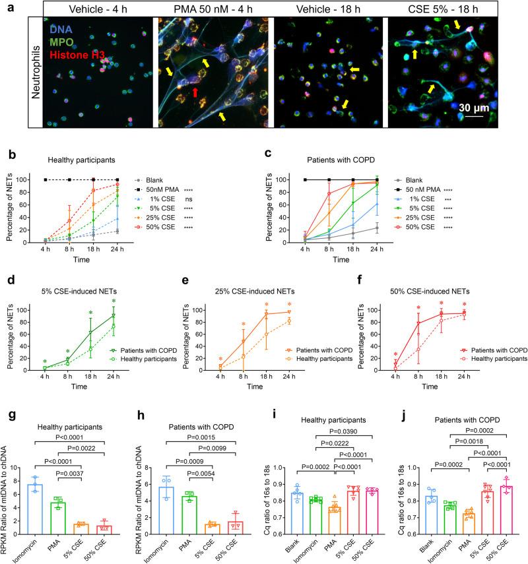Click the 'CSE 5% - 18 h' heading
(x=447, y=8)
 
